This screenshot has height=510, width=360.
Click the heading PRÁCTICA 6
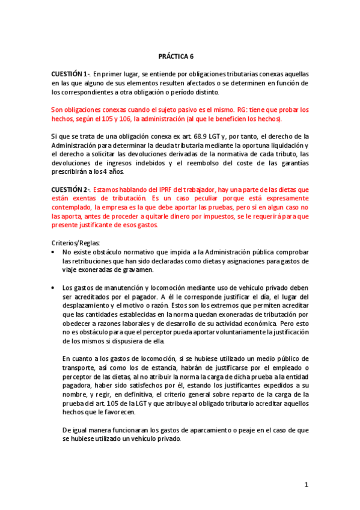click(x=176, y=56)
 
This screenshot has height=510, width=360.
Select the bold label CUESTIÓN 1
click(x=70, y=73)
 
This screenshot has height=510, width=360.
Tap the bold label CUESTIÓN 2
click(x=70, y=189)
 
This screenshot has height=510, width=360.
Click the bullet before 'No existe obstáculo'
click(x=54, y=252)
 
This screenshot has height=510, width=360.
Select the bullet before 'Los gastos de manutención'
click(x=54, y=287)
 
